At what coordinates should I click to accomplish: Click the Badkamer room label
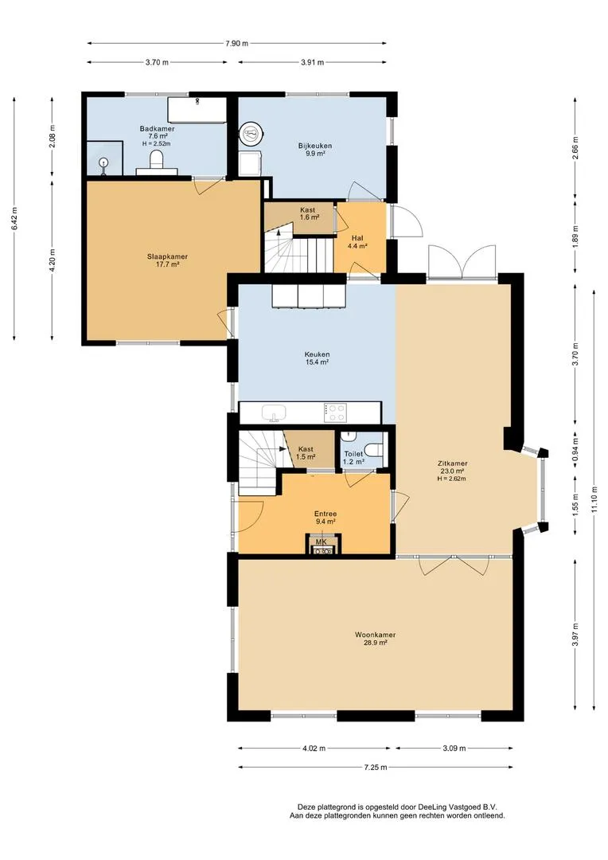157,129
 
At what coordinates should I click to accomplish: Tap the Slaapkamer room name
167,256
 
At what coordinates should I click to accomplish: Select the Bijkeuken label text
314,146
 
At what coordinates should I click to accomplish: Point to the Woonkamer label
375,635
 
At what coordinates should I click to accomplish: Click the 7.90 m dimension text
236,43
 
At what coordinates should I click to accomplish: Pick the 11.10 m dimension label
594,499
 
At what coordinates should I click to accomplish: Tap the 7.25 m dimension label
375,768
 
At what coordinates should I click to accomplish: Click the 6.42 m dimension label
14,218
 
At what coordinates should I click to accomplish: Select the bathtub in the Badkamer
197,110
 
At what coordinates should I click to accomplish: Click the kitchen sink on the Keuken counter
274,412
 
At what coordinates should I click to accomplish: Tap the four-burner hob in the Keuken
335,412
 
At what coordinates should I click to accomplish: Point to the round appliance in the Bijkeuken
251,132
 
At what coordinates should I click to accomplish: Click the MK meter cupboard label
322,542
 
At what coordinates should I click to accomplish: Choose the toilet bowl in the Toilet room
375,450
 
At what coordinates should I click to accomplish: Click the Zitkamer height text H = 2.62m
451,479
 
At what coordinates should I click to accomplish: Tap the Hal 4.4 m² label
357,242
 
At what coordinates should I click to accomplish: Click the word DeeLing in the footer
433,807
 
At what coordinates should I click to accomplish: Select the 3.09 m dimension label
454,748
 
